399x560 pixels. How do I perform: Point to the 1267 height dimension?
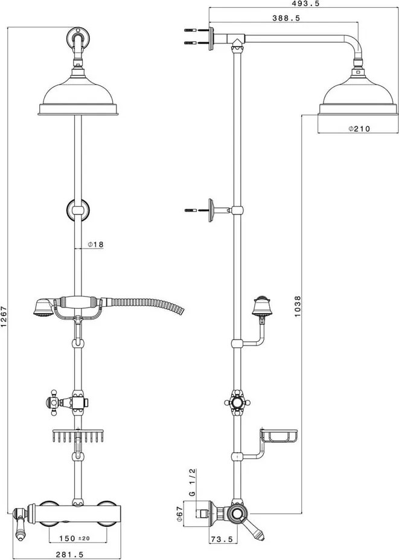click(5, 316)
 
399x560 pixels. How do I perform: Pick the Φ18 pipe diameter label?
click(95, 245)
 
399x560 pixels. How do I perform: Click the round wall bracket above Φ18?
click(78, 211)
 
